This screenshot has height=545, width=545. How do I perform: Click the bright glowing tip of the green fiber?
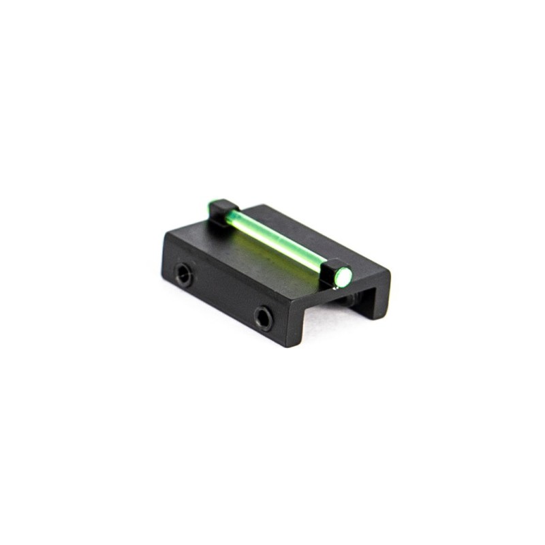[345, 276]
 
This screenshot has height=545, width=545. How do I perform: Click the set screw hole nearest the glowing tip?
[263, 317]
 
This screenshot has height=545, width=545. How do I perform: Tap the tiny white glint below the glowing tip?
[334, 289]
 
